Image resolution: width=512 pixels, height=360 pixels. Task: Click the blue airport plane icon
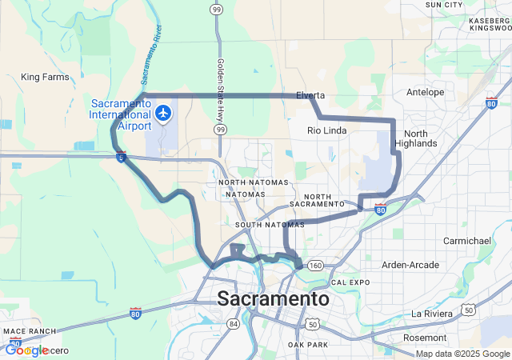pos(164,113)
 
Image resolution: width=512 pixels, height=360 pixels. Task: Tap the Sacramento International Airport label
pos(121,114)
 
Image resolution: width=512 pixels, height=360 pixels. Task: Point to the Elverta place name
pos(310,95)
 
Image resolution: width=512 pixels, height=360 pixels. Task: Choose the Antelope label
pos(426,92)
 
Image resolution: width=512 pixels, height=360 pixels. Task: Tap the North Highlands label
pos(421,138)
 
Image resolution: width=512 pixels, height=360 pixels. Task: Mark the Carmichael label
pos(467,240)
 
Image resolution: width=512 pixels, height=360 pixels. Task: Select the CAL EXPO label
pos(350,282)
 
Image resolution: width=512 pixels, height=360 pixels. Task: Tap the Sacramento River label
pos(146,62)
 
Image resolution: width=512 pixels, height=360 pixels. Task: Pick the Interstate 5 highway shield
pos(121,158)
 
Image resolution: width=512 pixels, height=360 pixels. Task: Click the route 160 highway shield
pos(315,266)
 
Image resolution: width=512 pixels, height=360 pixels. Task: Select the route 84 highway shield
pos(233,323)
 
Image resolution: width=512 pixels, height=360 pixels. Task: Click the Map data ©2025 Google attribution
pos(462,354)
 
